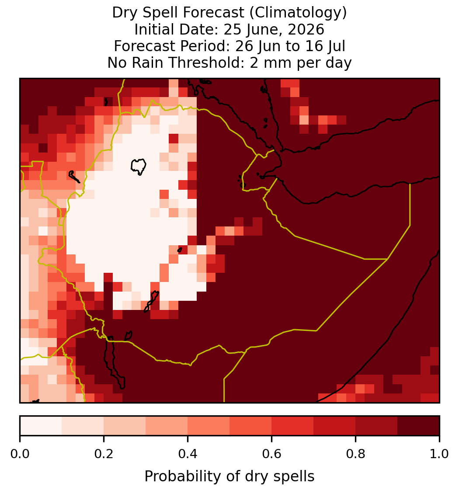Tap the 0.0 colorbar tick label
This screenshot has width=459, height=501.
[20, 454]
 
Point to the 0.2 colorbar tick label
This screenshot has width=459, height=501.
[104, 454]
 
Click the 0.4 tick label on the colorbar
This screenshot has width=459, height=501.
[188, 454]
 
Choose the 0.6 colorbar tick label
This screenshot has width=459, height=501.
[271, 454]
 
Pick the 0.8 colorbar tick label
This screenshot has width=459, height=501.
[355, 454]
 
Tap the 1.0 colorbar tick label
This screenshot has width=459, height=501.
[439, 454]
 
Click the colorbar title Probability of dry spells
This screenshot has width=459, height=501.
[229, 477]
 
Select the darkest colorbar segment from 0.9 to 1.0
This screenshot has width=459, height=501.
[418, 426]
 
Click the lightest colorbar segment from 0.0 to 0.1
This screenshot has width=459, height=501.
[41, 426]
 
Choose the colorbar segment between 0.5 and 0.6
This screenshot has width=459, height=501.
[251, 426]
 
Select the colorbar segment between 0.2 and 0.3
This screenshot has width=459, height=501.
[125, 426]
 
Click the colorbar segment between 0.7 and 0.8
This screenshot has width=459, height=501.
[334, 426]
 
